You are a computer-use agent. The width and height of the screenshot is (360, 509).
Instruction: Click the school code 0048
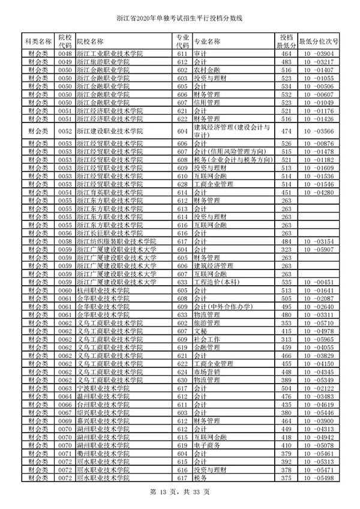pos(65,55)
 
